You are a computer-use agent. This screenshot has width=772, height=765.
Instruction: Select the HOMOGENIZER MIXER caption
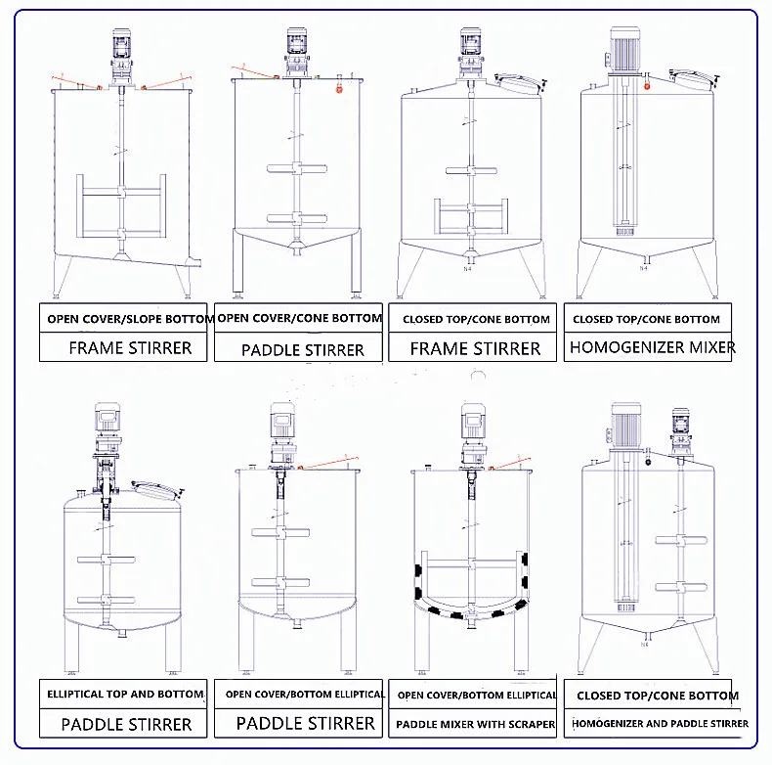point(653,347)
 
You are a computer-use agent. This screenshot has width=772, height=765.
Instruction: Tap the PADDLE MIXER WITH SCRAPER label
point(475,725)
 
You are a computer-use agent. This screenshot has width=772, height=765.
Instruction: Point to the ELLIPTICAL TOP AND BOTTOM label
point(125,694)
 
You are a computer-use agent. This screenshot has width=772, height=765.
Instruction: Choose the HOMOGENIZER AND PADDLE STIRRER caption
point(657,724)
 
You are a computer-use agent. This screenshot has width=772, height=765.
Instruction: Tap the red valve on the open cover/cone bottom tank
point(339,89)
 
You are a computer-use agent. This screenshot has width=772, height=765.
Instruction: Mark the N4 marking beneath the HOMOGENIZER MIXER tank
point(644,266)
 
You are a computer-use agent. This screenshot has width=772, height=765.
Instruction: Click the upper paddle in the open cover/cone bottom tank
point(294,168)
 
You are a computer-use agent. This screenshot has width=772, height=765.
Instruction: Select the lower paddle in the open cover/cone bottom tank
point(294,219)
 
